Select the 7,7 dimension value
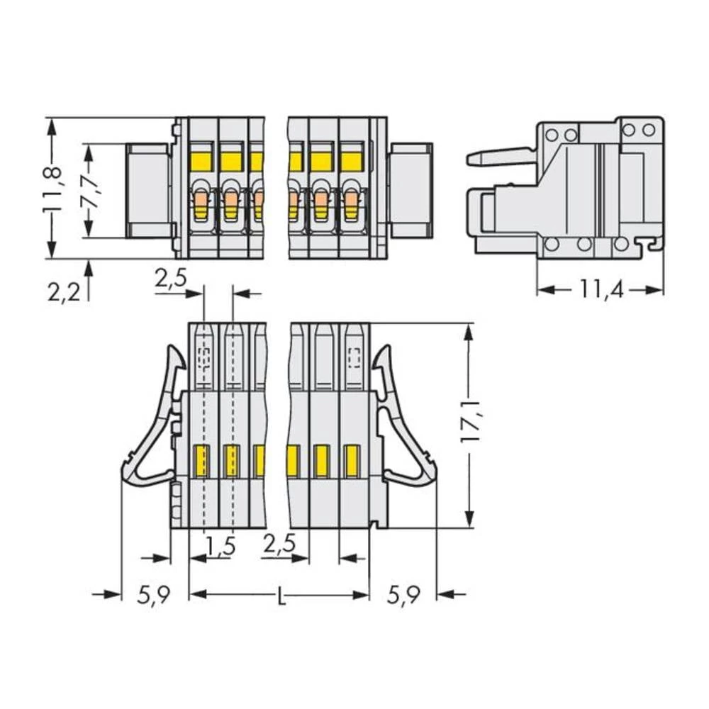(91, 190)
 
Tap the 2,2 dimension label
(65, 291)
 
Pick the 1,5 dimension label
(220, 546)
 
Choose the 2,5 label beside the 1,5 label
(279, 546)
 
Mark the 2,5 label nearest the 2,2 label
(171, 279)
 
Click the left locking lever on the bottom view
(151, 418)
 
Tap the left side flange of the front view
(147, 191)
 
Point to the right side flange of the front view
(411, 191)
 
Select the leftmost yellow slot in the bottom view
(202, 461)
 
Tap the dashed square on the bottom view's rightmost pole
(354, 357)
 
